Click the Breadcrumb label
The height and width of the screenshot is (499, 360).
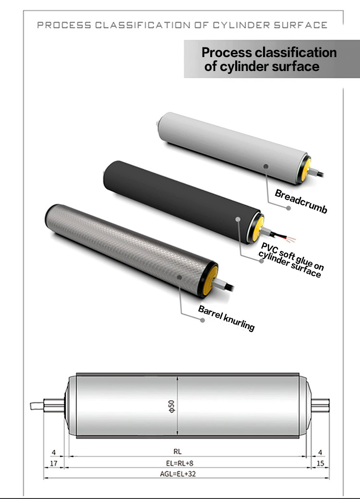[x=301, y=201]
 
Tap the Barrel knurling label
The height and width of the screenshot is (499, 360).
[x=226, y=318]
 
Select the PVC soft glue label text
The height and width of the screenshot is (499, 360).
[x=290, y=260]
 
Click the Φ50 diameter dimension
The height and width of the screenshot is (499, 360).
[x=171, y=406]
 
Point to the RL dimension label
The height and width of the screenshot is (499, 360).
[x=177, y=451]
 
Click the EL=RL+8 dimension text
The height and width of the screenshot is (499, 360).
[x=180, y=463]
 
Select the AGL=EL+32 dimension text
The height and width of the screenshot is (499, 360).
[x=178, y=474]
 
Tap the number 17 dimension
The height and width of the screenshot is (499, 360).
[x=54, y=463]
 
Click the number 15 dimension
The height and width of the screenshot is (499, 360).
[x=320, y=463]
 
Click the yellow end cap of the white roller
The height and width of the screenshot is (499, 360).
[x=306, y=169]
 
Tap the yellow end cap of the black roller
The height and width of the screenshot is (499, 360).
[x=258, y=228]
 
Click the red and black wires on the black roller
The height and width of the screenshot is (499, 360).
[x=283, y=237]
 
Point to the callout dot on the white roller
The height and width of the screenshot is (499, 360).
[x=266, y=166]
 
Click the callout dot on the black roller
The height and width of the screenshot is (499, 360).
[x=238, y=219]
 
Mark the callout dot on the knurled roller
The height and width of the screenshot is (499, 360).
[x=180, y=277]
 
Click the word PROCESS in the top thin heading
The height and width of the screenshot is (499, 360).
[x=64, y=25]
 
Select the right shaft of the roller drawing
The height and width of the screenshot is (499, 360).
[x=320, y=405]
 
